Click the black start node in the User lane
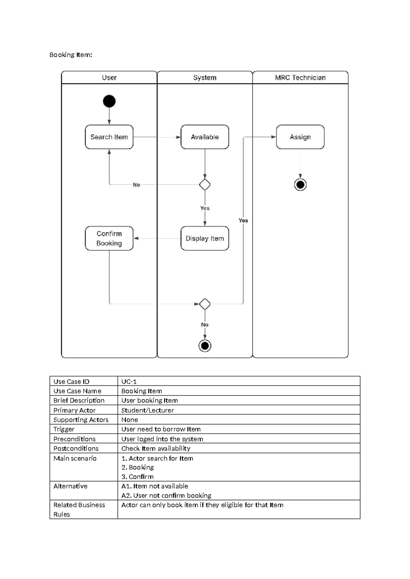pos(109,101)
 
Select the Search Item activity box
pos(109,137)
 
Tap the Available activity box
pos(205,137)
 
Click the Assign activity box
pos(300,137)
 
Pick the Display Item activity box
pos(205,238)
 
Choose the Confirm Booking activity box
pos(109,238)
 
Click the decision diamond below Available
pos(205,185)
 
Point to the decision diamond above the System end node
pos(205,304)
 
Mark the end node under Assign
pos(300,185)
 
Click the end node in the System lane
pos(205,346)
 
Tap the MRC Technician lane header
pos(300,77)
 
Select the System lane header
pos(205,77)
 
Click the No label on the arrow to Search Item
pos(136,185)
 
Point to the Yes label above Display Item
pos(205,208)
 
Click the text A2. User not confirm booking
pos(166,495)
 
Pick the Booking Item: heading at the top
pos(71,55)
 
